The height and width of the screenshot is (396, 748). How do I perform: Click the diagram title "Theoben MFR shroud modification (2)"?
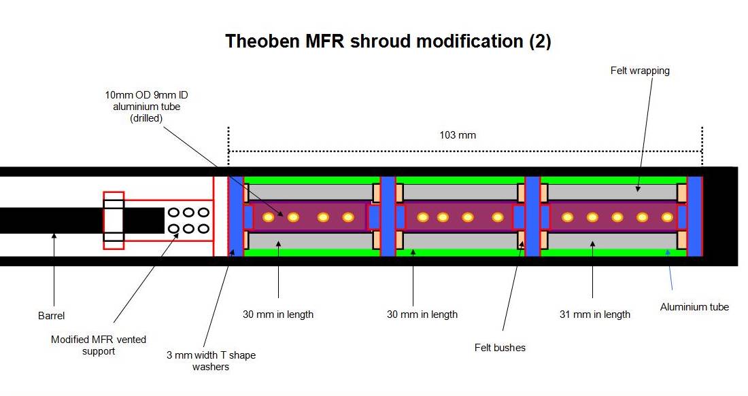click(388, 41)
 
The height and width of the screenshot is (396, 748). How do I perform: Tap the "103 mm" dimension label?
click(458, 135)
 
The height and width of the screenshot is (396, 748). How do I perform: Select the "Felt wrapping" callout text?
click(640, 71)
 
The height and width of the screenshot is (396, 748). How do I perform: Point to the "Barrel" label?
click(50, 316)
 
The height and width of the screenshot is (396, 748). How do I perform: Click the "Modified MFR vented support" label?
click(99, 344)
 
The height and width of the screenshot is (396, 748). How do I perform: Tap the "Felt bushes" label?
click(500, 348)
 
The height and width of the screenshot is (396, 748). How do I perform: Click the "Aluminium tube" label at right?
click(694, 307)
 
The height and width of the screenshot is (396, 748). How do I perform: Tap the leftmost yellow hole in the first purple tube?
click(269, 217)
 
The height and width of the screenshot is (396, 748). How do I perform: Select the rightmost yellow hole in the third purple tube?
click(667, 217)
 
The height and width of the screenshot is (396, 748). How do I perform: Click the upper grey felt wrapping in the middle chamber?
click(460, 192)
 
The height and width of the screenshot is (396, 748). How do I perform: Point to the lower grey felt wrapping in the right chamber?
click(612, 240)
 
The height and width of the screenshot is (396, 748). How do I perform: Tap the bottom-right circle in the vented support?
click(203, 229)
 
